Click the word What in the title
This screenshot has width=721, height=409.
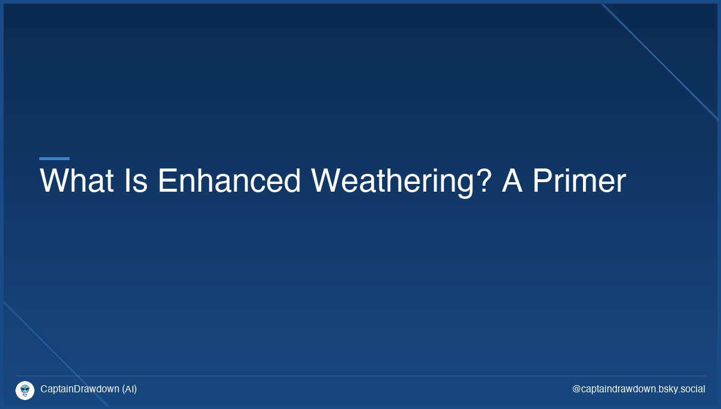pos(76,181)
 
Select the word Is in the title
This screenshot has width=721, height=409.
pos(136,181)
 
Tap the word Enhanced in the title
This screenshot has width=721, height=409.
pos(229,181)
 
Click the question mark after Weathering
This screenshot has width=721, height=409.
pos(484,181)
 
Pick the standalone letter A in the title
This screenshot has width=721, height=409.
pos(512,181)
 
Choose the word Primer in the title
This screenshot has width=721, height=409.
pos(579,181)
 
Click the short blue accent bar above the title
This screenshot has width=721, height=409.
pos(54,158)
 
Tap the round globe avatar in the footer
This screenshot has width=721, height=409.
pos(25,391)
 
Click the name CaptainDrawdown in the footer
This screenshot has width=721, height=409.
pos(80,389)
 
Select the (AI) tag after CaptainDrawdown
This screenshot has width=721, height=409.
pos(129,389)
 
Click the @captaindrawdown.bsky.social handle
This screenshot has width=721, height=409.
pos(638,389)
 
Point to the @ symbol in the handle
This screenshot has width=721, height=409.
pos(576,389)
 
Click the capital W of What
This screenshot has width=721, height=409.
pos(52,181)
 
